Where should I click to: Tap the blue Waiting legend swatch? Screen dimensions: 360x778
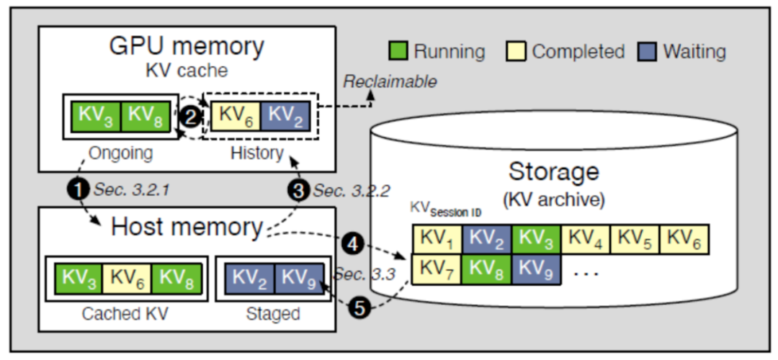pos(648,52)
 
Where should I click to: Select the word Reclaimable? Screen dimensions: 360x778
pos(389,81)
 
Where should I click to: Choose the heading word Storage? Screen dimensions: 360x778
pos(553,171)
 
